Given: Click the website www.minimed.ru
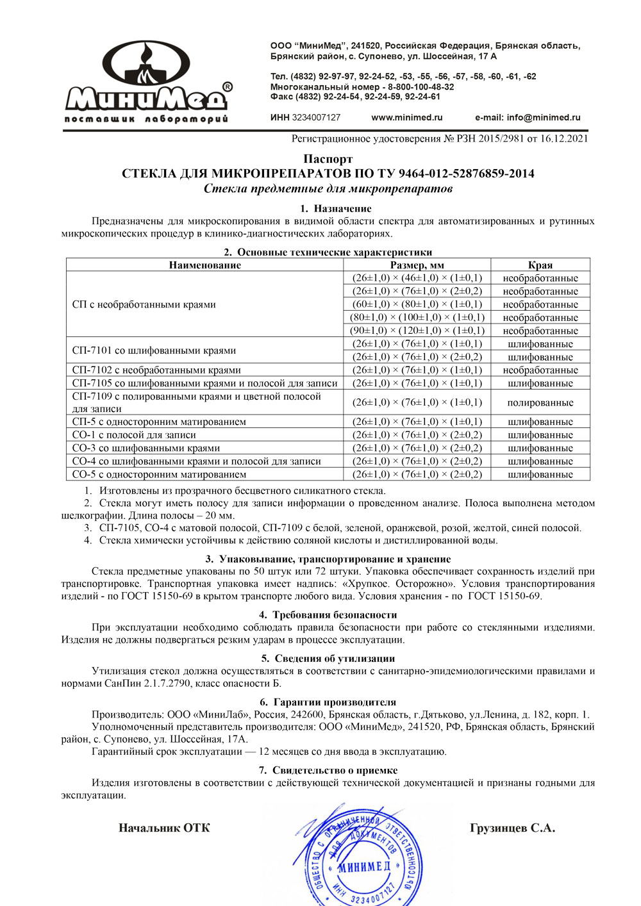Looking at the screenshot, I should [x=406, y=117].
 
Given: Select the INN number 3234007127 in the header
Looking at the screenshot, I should [x=316, y=117].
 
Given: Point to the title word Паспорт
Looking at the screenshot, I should [x=328, y=159].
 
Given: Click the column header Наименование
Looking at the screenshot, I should [x=204, y=265].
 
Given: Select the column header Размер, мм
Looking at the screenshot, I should [x=417, y=265].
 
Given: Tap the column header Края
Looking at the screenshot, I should [x=540, y=265].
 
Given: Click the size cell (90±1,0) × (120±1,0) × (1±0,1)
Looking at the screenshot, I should [x=417, y=331].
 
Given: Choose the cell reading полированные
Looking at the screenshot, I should [x=540, y=402].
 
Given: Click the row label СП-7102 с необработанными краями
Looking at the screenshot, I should [x=156, y=370].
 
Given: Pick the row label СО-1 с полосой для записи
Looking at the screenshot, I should [x=134, y=434].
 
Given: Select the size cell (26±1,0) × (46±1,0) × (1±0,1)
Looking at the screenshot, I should [x=417, y=278].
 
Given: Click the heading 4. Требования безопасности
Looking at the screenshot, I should [x=328, y=614].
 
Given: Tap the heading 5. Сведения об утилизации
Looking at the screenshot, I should [x=328, y=658].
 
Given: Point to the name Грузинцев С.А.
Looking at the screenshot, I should [x=512, y=828].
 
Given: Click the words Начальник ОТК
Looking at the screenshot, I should [x=164, y=828].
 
